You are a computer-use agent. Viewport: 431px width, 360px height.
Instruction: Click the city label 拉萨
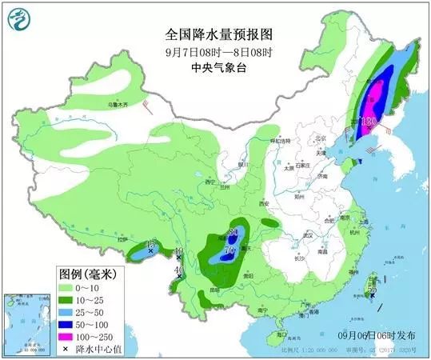(x=121, y=239)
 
